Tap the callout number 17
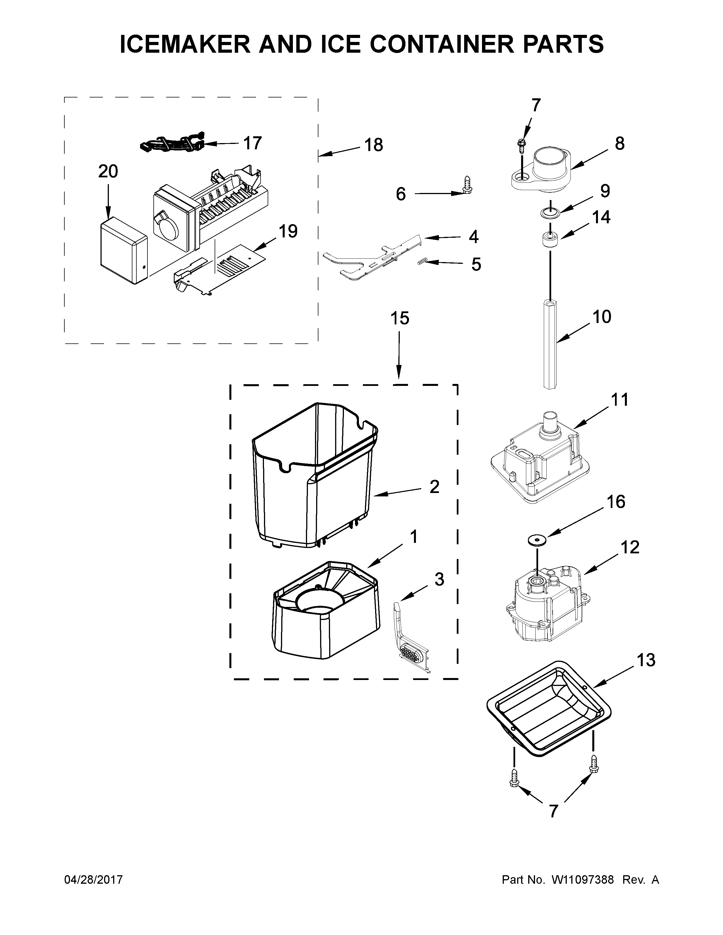click(252, 143)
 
